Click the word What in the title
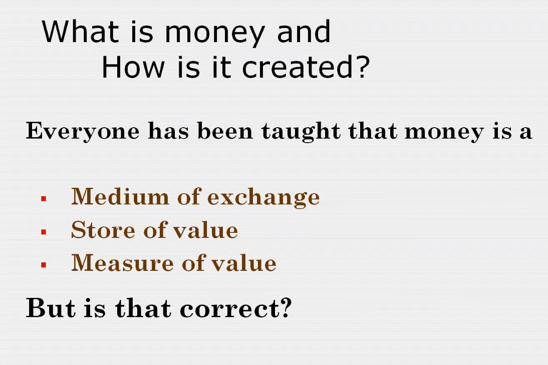pyautogui.click(x=80, y=32)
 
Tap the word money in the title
pyautogui.click(x=214, y=35)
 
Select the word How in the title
pyautogui.click(x=133, y=67)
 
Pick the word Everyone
pyautogui.click(x=83, y=132)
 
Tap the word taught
pyautogui.click(x=301, y=132)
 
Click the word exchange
pyautogui.click(x=263, y=198)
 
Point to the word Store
pyautogui.click(x=103, y=230)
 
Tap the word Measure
pyautogui.click(x=122, y=263)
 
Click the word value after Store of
pyautogui.click(x=206, y=230)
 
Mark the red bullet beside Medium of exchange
pyautogui.click(x=44, y=199)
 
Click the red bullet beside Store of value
pyautogui.click(x=44, y=232)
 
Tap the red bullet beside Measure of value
pyautogui.click(x=44, y=265)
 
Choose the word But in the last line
pyautogui.click(x=51, y=308)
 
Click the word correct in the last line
pyautogui.click(x=230, y=309)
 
